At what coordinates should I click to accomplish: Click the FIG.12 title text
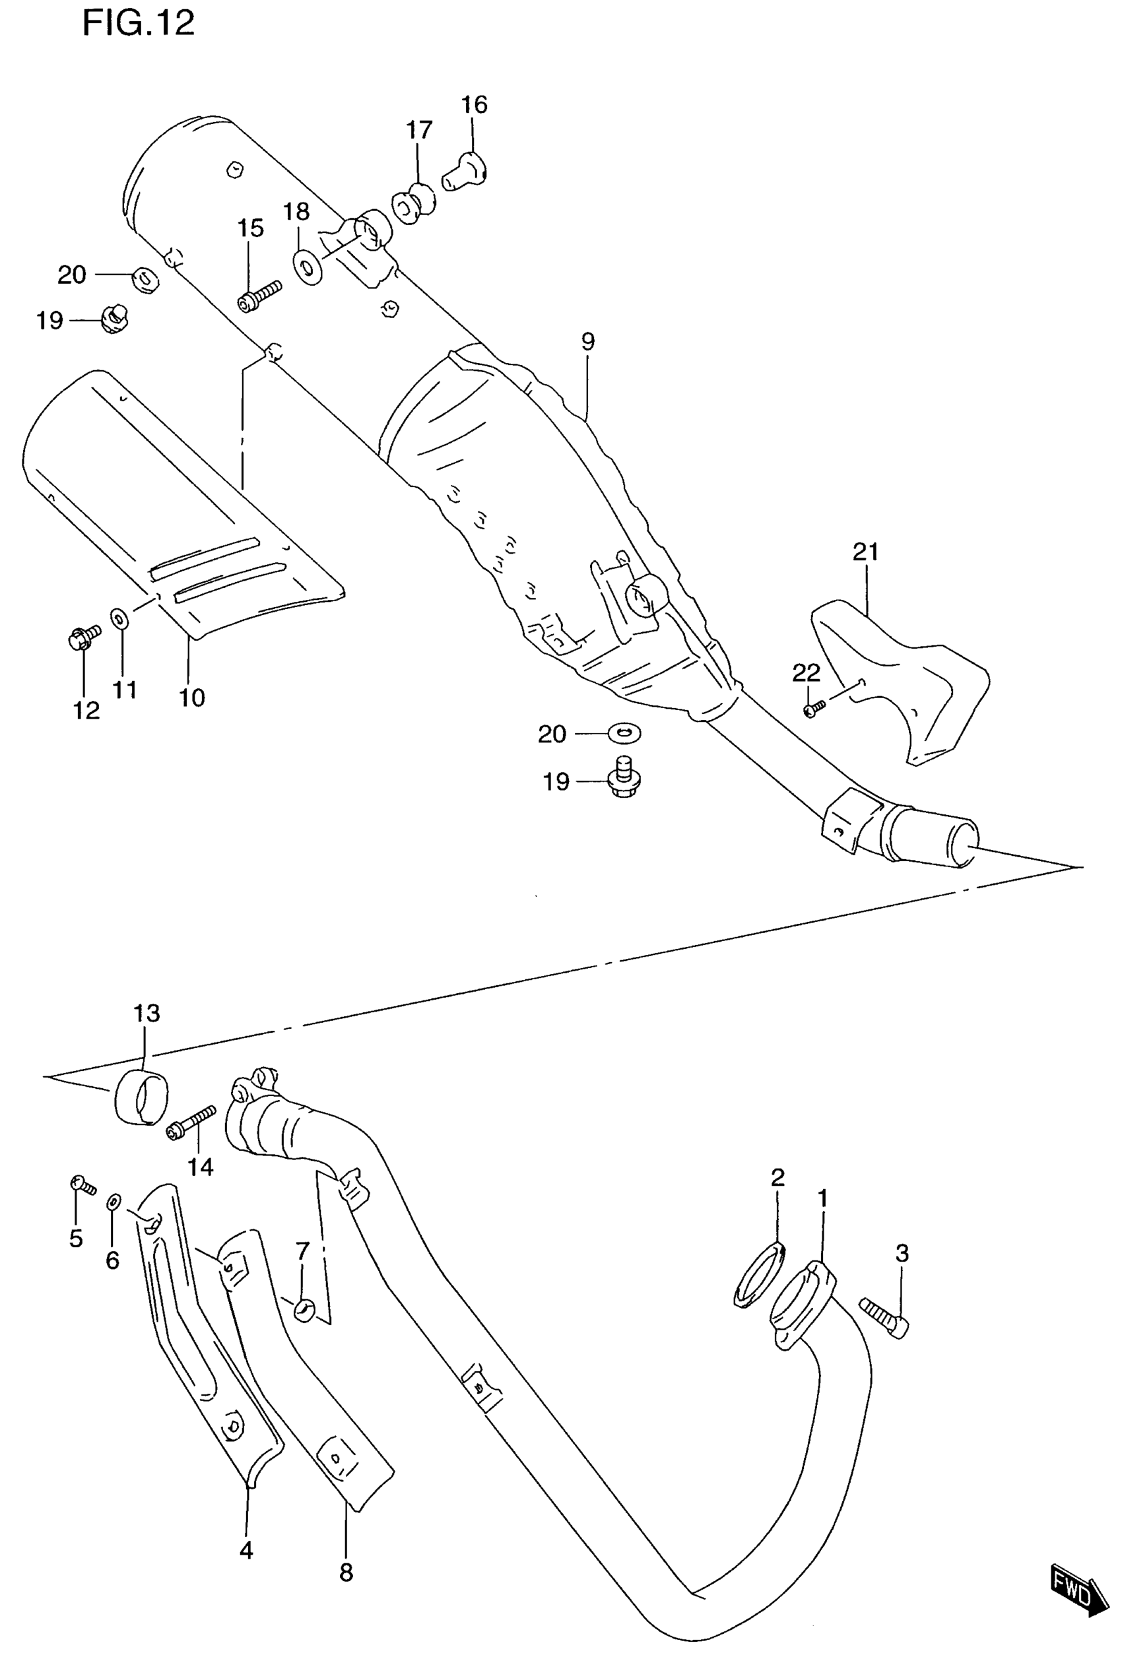click(x=139, y=24)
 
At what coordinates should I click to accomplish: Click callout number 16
click(x=474, y=105)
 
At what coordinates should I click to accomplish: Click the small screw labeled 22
click(x=814, y=709)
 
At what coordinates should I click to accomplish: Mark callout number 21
click(x=865, y=552)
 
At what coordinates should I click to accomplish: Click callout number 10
click(x=191, y=698)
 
